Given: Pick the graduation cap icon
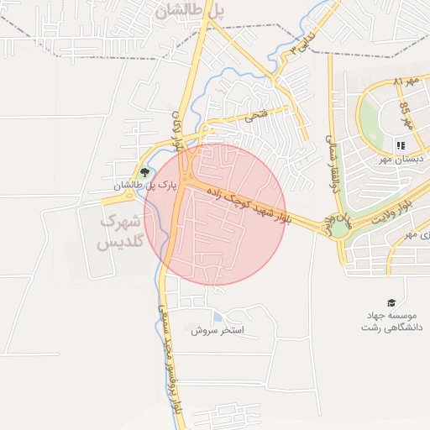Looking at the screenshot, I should [391, 302].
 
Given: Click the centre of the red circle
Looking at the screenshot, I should [215, 214].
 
